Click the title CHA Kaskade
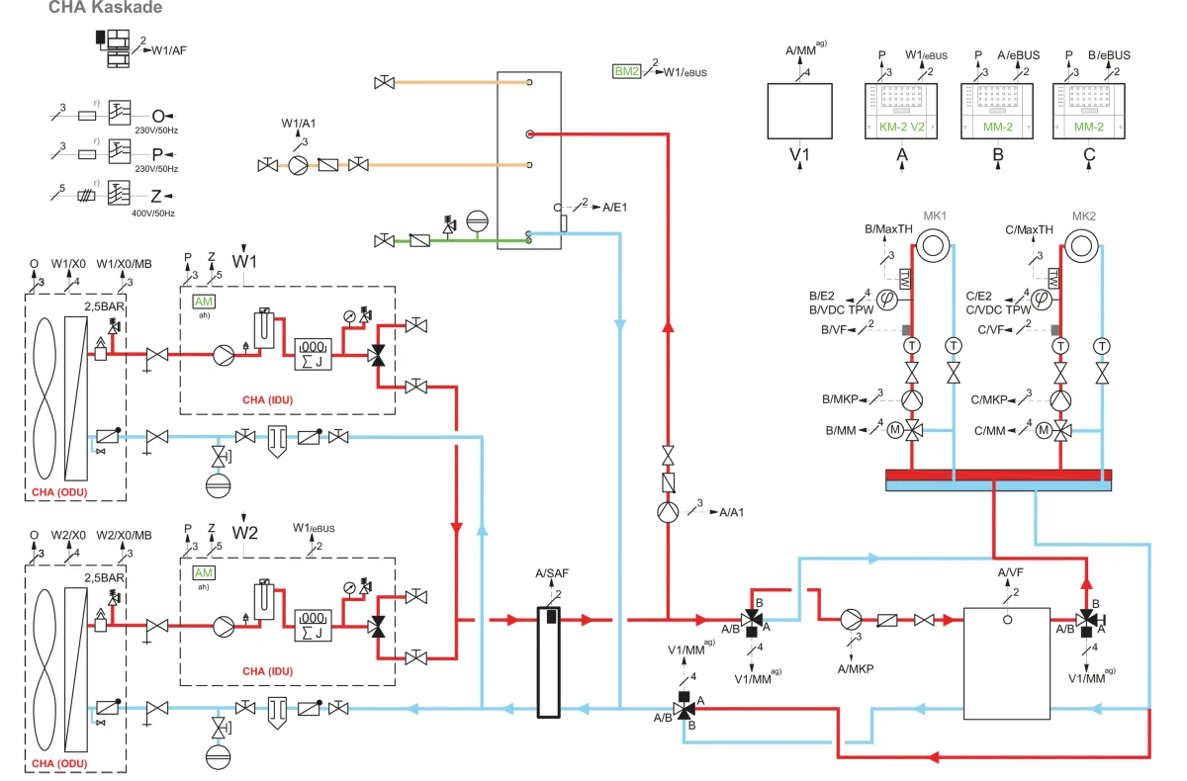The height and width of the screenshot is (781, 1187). (x=105, y=8)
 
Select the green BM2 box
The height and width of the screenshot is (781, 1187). (x=627, y=71)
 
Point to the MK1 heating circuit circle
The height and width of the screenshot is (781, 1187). (x=931, y=244)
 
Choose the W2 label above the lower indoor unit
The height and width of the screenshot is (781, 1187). (x=244, y=533)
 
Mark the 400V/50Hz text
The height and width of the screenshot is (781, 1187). (x=156, y=214)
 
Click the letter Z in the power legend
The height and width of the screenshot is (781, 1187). (x=156, y=196)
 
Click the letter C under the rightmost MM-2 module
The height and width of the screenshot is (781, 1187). (x=1088, y=155)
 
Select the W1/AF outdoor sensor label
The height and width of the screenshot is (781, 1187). (x=169, y=49)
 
